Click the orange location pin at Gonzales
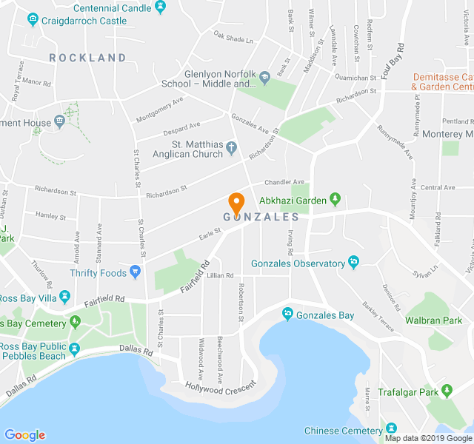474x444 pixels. [x=236, y=202]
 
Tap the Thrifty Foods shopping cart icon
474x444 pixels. [x=135, y=273]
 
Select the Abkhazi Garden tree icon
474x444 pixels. [x=335, y=199]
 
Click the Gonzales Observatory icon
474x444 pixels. [x=353, y=263]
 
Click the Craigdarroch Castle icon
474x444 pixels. [x=32, y=21]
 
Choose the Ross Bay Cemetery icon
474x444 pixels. [x=75, y=322]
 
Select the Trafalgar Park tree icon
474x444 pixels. [x=446, y=390]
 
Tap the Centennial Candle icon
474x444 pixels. [x=161, y=7]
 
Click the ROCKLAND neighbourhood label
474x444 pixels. [x=87, y=58]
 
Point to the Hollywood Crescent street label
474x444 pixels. [x=220, y=386]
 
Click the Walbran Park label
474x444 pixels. [x=433, y=320]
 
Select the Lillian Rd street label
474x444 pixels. [x=221, y=275]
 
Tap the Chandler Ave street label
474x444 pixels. [x=284, y=182]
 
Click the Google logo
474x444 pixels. [x=24, y=435]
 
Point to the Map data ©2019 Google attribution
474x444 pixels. [x=427, y=438]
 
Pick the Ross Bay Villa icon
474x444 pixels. [x=65, y=297]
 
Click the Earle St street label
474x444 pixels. [x=210, y=235]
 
